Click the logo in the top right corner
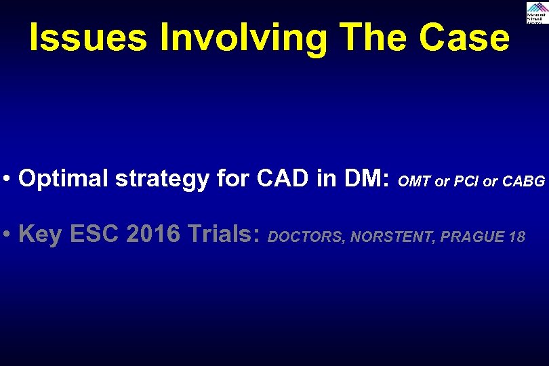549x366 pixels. pos(536,12)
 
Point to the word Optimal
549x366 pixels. pos(64,178)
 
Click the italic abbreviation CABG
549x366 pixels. pos(523,181)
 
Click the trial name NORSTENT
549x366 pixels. pos(392,237)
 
